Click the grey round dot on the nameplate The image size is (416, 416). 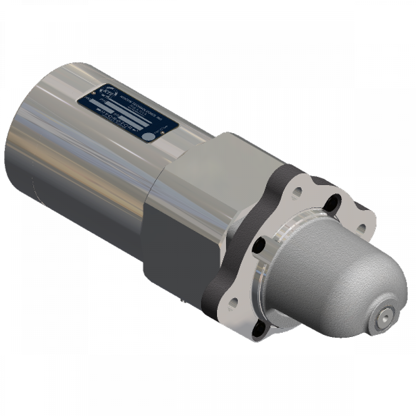tap(148, 136)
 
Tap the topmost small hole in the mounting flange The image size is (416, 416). tap(297, 192)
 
